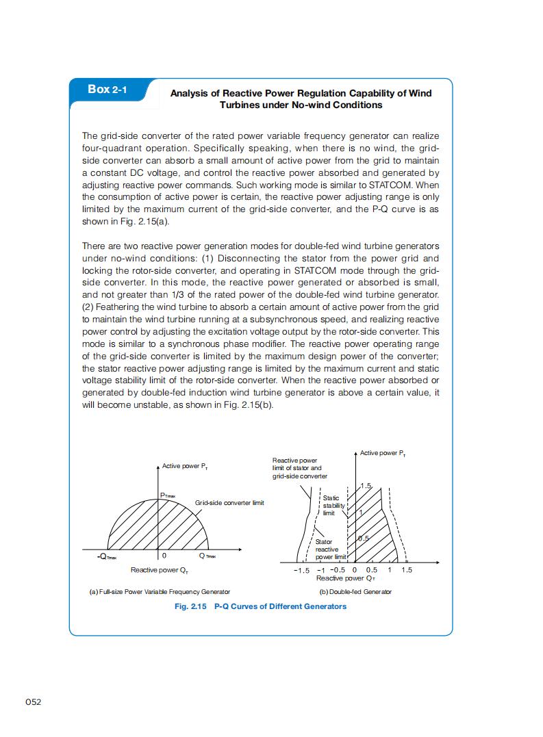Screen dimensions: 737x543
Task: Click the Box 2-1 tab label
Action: tap(107, 90)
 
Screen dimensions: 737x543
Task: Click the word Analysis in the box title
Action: tap(189, 93)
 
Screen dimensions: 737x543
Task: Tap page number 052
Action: tap(34, 702)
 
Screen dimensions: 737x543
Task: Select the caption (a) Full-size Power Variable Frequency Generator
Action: tap(160, 591)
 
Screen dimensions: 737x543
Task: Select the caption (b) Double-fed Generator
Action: tap(355, 591)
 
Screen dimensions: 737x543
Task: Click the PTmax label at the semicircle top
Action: tap(168, 495)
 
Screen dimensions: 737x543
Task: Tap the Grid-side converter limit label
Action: tap(229, 503)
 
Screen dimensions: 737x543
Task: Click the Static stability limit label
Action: tap(331, 506)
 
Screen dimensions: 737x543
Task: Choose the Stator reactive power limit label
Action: tap(327, 549)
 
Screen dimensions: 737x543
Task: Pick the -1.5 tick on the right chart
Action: tap(301, 570)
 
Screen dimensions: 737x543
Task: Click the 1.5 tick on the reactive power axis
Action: tap(407, 570)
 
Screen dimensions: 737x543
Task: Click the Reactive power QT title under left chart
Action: tap(160, 570)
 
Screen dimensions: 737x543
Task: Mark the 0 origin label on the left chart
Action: tap(164, 556)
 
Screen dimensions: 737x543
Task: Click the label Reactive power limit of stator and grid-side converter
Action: tap(299, 468)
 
